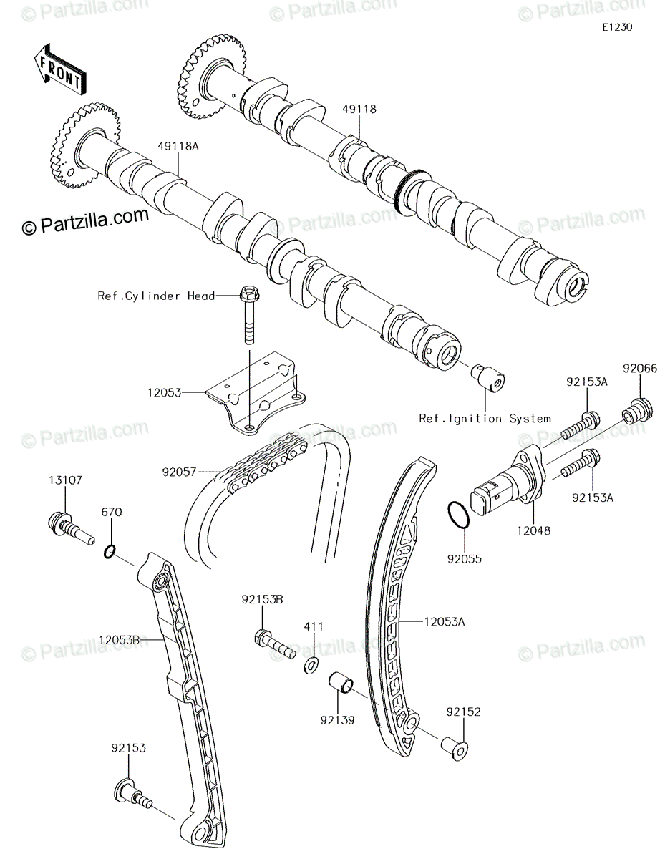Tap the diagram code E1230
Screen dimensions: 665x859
617,27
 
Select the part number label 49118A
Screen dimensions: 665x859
178,146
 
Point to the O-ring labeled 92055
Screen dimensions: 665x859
459,514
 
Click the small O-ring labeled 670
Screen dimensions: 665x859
110,552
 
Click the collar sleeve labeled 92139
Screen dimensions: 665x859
341,684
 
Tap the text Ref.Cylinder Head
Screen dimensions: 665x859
157,296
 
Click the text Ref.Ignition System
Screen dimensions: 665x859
485,418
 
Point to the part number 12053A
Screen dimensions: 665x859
445,622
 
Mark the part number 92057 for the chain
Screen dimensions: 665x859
179,472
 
